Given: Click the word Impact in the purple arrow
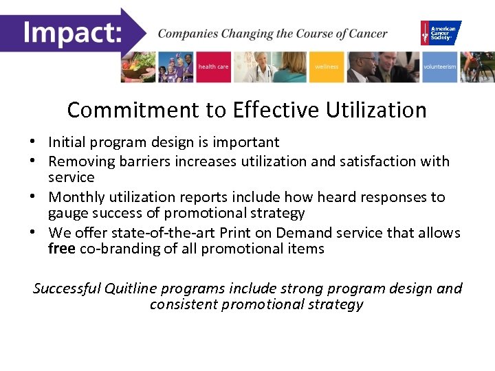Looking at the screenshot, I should [x=71, y=32].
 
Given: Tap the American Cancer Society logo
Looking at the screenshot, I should [x=441, y=32].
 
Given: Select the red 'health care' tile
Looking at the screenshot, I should [x=213, y=67].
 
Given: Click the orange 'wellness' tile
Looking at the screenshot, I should [x=326, y=67].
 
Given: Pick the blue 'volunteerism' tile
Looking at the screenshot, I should [x=439, y=67].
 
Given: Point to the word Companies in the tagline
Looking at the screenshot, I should [x=185, y=34].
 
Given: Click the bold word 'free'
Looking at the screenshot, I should [x=62, y=249].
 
